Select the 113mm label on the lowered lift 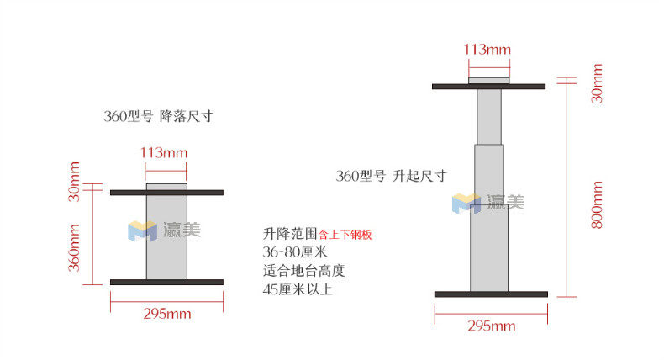163,153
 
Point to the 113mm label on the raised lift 487,49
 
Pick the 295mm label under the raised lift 491,326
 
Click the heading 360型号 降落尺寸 158,117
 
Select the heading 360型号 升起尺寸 391,177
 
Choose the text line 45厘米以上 298,289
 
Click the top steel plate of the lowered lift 166,193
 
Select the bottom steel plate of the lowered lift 166,282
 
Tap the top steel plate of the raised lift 489,86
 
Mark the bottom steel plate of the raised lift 491,294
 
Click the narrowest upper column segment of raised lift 488,117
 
